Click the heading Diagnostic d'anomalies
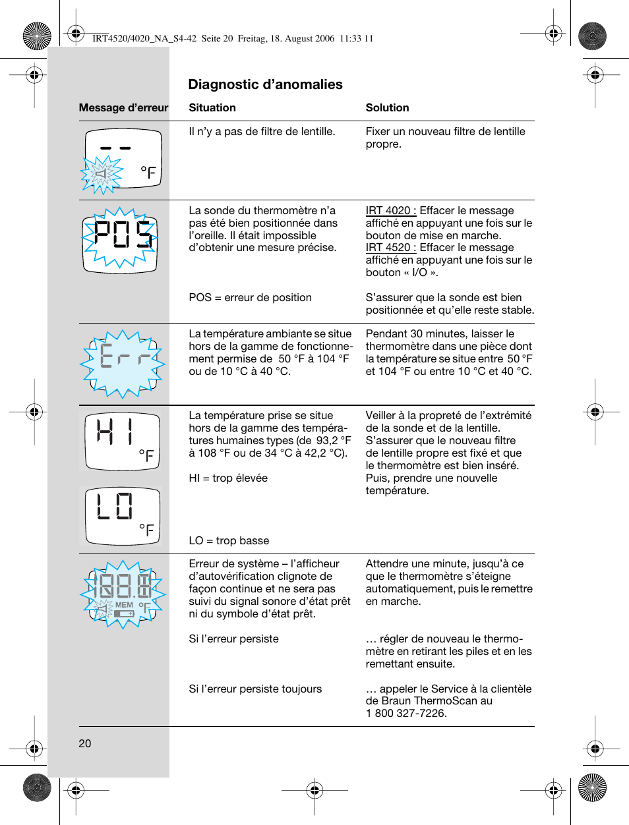265,84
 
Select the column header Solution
387,107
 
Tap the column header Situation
212,107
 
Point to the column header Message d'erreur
123,107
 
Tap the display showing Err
123,363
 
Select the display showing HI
123,440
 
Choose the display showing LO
123,515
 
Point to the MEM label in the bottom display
124,605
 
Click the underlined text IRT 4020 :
391,210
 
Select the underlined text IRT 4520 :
391,247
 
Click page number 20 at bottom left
85,743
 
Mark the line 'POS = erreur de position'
250,297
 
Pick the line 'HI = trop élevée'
228,478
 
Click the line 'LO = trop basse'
229,540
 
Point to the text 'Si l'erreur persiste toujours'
255,689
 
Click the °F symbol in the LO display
146,530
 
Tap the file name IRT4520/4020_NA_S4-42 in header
144,38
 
